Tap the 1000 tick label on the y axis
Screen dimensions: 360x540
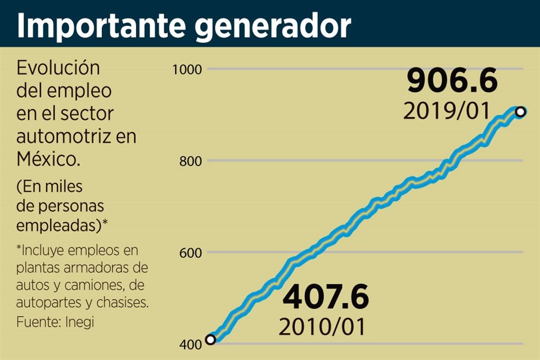(x=187, y=69)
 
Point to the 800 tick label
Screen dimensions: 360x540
(x=190, y=161)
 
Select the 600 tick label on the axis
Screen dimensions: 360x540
(x=190, y=253)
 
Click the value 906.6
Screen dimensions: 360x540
(x=452, y=82)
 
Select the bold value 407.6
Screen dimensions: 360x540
(x=326, y=298)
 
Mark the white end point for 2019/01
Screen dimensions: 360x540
(x=520, y=112)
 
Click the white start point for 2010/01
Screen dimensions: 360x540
(x=210, y=339)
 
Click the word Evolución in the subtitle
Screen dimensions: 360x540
(x=58, y=68)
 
